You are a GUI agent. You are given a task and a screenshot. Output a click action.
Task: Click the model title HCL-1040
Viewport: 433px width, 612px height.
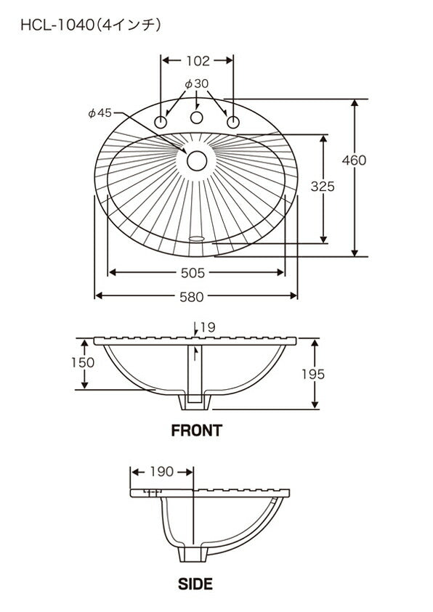(x=57, y=25)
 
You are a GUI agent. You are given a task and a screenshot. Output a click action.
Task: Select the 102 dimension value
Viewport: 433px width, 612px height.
(x=198, y=60)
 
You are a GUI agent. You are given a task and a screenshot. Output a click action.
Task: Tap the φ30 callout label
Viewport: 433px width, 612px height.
(x=196, y=83)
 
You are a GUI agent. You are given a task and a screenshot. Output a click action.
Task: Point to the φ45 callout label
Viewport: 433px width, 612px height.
(x=100, y=113)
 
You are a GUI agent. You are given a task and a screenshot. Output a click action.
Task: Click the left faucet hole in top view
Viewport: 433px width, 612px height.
(x=161, y=122)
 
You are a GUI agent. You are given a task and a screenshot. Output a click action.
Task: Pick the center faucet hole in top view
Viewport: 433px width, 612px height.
(x=196, y=118)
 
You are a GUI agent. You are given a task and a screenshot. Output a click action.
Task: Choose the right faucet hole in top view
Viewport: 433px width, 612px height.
(x=233, y=122)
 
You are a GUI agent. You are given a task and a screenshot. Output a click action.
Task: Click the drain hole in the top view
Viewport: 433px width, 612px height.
(x=196, y=161)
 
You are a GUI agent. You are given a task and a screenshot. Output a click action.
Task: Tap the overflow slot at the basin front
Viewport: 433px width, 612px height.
(x=196, y=237)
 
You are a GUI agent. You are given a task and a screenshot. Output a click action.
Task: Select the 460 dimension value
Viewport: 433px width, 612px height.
(x=354, y=160)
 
